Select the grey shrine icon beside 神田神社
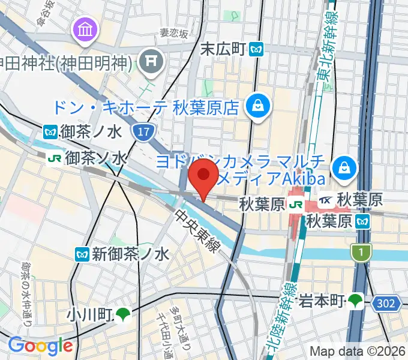pyautogui.click(x=149, y=60)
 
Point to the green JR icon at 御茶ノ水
pyautogui.click(x=55, y=158)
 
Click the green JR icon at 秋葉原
pyautogui.click(x=296, y=205)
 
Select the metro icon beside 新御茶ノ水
pyautogui.click(x=82, y=254)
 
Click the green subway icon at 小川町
pyautogui.click(x=123, y=313)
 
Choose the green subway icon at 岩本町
pyautogui.click(x=356, y=299)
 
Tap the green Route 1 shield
pyautogui.click(x=361, y=253)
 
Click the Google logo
pyautogui.click(x=40, y=346)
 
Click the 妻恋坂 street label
pyautogui.click(x=173, y=34)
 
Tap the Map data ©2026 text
pyautogui.click(x=358, y=351)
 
